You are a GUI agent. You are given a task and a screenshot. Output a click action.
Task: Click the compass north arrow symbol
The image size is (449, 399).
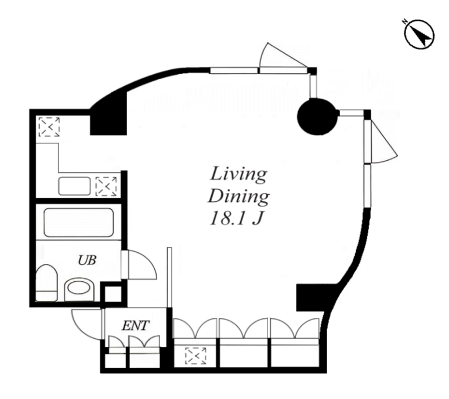[420, 34]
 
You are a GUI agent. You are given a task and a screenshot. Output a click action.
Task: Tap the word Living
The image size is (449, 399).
[238, 174]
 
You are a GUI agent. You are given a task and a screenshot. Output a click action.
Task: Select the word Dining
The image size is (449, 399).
[238, 197]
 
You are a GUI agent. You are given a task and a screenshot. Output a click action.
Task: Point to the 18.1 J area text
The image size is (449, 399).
[236, 219]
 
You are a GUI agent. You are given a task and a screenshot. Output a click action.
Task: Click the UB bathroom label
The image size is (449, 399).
[87, 260]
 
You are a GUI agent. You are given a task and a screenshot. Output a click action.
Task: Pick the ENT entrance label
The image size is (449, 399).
[135, 325]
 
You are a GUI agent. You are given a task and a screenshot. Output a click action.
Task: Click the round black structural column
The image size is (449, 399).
[317, 117]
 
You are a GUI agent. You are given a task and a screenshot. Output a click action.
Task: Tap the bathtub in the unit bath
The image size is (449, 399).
[79, 222]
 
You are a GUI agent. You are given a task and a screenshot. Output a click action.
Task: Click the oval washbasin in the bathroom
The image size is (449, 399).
[79, 289]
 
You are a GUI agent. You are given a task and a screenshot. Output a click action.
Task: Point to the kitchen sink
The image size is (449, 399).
[74, 186]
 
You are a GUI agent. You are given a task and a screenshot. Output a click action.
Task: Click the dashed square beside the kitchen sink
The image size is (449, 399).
[106, 186]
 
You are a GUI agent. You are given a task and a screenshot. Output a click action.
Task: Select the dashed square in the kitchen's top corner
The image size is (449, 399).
[49, 126]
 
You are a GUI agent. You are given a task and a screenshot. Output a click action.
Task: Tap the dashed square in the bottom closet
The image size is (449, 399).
[195, 356]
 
